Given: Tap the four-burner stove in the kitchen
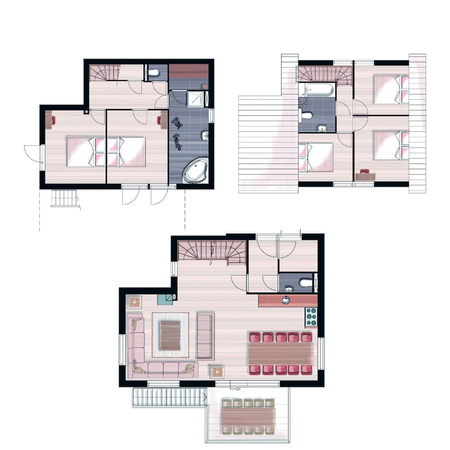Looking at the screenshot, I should [x=311, y=317].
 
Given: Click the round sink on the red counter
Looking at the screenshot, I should [x=286, y=301].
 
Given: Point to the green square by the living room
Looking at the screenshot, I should [x=165, y=299].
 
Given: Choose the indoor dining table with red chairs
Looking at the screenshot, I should [x=280, y=353].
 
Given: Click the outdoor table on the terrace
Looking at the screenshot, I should [x=248, y=416].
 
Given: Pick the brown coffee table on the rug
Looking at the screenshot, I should [x=170, y=336].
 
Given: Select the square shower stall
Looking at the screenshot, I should [x=196, y=99].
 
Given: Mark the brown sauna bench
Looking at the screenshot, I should [x=189, y=71].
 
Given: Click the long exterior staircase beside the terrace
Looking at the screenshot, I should [x=169, y=398].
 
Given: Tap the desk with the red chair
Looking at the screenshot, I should [x=364, y=176].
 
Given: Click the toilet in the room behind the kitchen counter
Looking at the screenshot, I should [x=306, y=283].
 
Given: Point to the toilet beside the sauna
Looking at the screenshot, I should [x=154, y=73].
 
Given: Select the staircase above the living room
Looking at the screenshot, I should [x=211, y=251].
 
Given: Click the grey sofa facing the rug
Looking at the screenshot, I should [x=205, y=336].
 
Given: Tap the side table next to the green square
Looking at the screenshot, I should [x=134, y=301].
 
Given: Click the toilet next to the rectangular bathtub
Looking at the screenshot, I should [x=307, y=116].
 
